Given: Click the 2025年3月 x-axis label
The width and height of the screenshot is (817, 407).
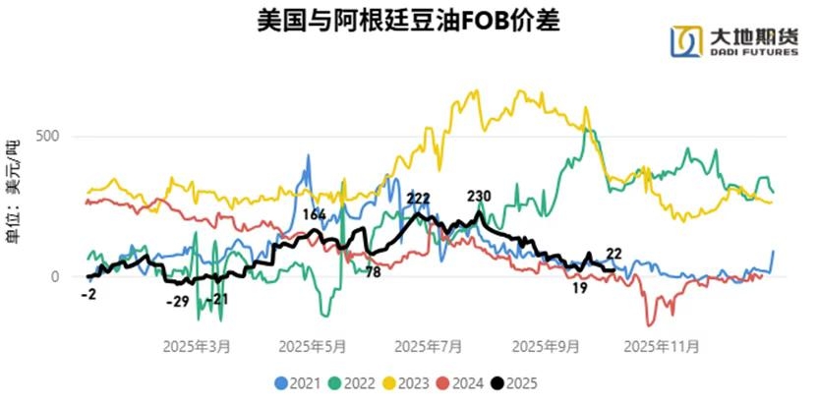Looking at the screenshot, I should (x=198, y=347).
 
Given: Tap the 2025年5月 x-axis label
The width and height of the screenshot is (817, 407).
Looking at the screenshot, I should (x=313, y=347).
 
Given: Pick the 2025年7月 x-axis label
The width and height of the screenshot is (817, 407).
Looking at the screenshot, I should (x=428, y=347).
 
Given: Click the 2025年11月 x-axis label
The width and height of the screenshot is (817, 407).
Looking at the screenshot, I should (x=663, y=347).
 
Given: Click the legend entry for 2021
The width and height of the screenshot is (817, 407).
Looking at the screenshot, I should (x=295, y=381).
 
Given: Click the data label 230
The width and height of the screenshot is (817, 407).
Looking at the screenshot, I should (x=480, y=195).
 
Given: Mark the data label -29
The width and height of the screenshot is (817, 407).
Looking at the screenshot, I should (x=177, y=301).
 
